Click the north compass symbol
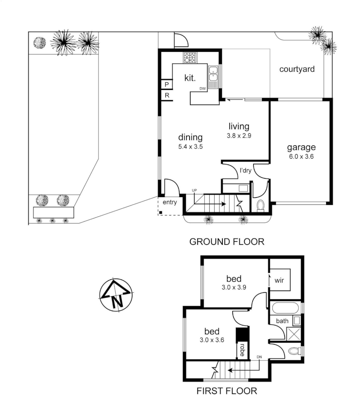point(116,295)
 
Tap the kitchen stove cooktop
point(190,58)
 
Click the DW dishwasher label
point(203,89)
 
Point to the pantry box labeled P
point(167,85)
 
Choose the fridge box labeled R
point(167,95)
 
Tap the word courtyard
point(297,70)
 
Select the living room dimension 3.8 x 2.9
point(239,136)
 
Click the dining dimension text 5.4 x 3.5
point(190,146)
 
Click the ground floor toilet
point(260,206)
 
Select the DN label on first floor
point(259,357)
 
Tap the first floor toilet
point(294,351)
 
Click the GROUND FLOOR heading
point(227,242)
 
